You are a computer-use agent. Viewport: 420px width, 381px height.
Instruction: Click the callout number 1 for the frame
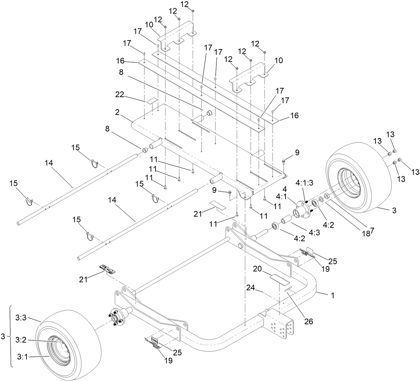click(x=332, y=295)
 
